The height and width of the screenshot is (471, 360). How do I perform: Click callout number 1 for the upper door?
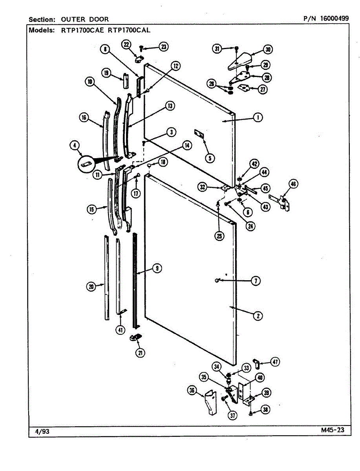click(258, 117)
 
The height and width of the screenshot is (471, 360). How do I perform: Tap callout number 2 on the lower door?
click(258, 315)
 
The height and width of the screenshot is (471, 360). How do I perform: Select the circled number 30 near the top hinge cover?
click(268, 49)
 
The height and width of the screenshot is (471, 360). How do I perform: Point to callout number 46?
click(293, 183)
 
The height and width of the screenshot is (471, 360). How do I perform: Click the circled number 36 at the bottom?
click(192, 390)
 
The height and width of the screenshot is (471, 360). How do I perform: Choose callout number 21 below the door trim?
click(140, 353)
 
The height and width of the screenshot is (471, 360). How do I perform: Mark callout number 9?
click(156, 268)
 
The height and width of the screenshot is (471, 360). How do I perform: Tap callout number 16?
click(84, 117)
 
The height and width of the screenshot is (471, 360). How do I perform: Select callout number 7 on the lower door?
click(255, 281)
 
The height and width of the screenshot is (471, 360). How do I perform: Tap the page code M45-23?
click(332, 430)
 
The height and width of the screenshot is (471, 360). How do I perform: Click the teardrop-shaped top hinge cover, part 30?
click(240, 61)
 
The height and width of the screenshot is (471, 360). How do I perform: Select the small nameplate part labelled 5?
click(200, 134)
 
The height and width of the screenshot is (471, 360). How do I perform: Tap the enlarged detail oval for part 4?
click(88, 164)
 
